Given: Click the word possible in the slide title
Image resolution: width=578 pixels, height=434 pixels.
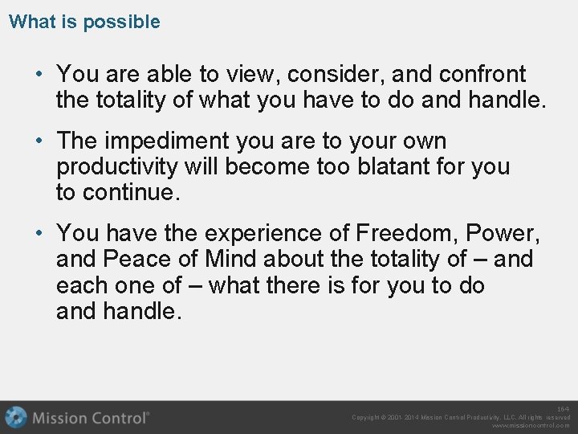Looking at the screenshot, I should [121, 22].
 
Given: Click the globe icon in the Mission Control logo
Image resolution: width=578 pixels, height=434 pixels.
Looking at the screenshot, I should [16, 417].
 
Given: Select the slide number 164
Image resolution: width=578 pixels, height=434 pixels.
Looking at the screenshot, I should [564, 409].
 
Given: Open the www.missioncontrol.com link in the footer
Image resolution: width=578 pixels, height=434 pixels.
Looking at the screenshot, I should [531, 426].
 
